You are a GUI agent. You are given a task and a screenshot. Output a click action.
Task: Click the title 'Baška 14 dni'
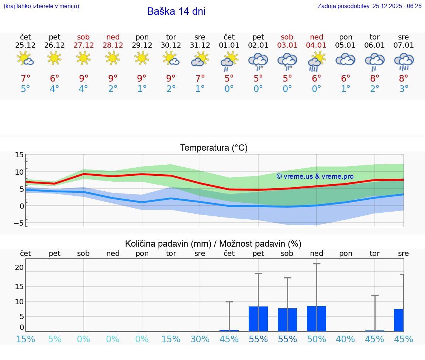tap(176, 11)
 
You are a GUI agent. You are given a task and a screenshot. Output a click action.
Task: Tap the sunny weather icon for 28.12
tap(113, 58)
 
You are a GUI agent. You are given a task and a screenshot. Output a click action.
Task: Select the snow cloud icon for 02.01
tap(258, 61)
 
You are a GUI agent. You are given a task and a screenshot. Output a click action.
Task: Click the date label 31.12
tap(200, 45)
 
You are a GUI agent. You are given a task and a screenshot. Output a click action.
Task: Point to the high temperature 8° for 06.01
tap(374, 78)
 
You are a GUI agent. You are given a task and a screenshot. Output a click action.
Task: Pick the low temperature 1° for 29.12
tap(142, 89)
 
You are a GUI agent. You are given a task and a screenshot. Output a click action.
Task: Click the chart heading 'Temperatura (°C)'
tap(214, 148)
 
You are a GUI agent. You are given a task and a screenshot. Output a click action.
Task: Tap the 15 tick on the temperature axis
tap(19, 155)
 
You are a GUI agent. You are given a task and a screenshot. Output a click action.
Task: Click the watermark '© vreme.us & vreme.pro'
tap(315, 176)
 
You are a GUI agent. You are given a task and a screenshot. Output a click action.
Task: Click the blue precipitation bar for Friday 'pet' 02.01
tap(258, 319)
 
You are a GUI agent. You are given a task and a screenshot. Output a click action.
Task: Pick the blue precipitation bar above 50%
tap(317, 318)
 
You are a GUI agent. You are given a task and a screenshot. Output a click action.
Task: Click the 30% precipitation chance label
tap(200, 339)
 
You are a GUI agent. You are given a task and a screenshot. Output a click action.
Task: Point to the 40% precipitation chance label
tap(345, 339)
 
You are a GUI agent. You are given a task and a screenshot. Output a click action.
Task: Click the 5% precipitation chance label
tap(55, 339)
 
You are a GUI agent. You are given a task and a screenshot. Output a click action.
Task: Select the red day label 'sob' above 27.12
tap(83, 37)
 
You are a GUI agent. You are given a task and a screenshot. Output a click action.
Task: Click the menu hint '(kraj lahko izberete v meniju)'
tap(41, 6)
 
